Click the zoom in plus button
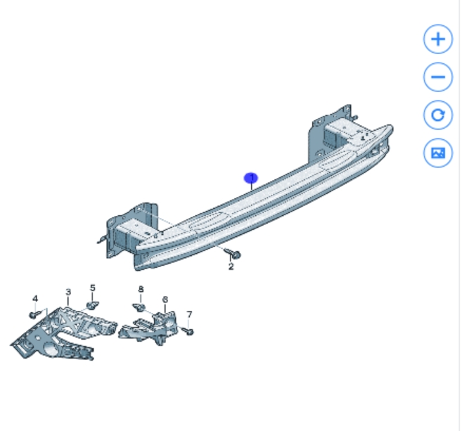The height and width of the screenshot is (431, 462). tap(438, 39)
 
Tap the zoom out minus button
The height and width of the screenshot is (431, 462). tap(438, 77)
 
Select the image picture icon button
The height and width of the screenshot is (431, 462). tap(438, 153)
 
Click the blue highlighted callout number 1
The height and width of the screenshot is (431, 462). tap(251, 178)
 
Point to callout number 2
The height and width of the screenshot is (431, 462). tap(231, 266)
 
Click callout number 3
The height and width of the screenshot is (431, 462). tap(68, 292)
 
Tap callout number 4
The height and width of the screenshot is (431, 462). tap(35, 298)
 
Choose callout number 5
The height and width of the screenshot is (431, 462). tap(93, 288)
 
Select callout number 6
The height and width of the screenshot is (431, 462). tap(165, 300)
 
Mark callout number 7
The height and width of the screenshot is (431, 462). tap(189, 314)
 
